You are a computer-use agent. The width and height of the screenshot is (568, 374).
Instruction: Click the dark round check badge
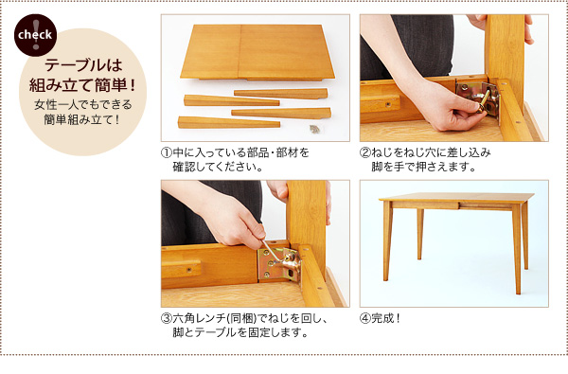coord(36,35)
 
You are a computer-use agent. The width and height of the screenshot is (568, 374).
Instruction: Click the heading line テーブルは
coord(83,65)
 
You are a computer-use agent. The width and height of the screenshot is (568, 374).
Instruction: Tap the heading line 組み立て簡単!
coord(83,85)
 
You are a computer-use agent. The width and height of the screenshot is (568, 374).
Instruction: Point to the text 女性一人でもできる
coord(83,105)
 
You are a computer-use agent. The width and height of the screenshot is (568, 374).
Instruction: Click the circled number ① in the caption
coord(166,152)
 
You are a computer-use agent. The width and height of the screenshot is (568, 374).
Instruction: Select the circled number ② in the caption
coord(364,152)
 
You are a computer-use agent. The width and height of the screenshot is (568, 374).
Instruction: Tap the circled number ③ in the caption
coord(166,318)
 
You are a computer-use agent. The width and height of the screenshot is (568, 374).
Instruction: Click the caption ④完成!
coord(380,318)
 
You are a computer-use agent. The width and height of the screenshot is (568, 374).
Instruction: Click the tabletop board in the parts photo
coord(257,52)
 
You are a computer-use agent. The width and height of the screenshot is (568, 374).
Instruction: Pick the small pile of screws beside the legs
coord(314,129)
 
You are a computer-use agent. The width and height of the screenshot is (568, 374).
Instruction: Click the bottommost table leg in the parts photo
coord(229,122)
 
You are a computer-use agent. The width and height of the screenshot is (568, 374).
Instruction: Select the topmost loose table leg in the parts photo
coord(281,94)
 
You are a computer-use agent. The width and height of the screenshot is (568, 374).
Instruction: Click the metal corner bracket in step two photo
coord(478,97)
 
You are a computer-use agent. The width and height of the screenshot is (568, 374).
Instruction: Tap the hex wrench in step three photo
coord(271,252)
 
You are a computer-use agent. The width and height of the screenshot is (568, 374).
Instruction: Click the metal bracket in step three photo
coord(279,264)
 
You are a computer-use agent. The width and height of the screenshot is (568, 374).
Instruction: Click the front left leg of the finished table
coord(387,240)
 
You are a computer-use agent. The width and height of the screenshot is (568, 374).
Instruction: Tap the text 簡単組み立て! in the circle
coord(83,119)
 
